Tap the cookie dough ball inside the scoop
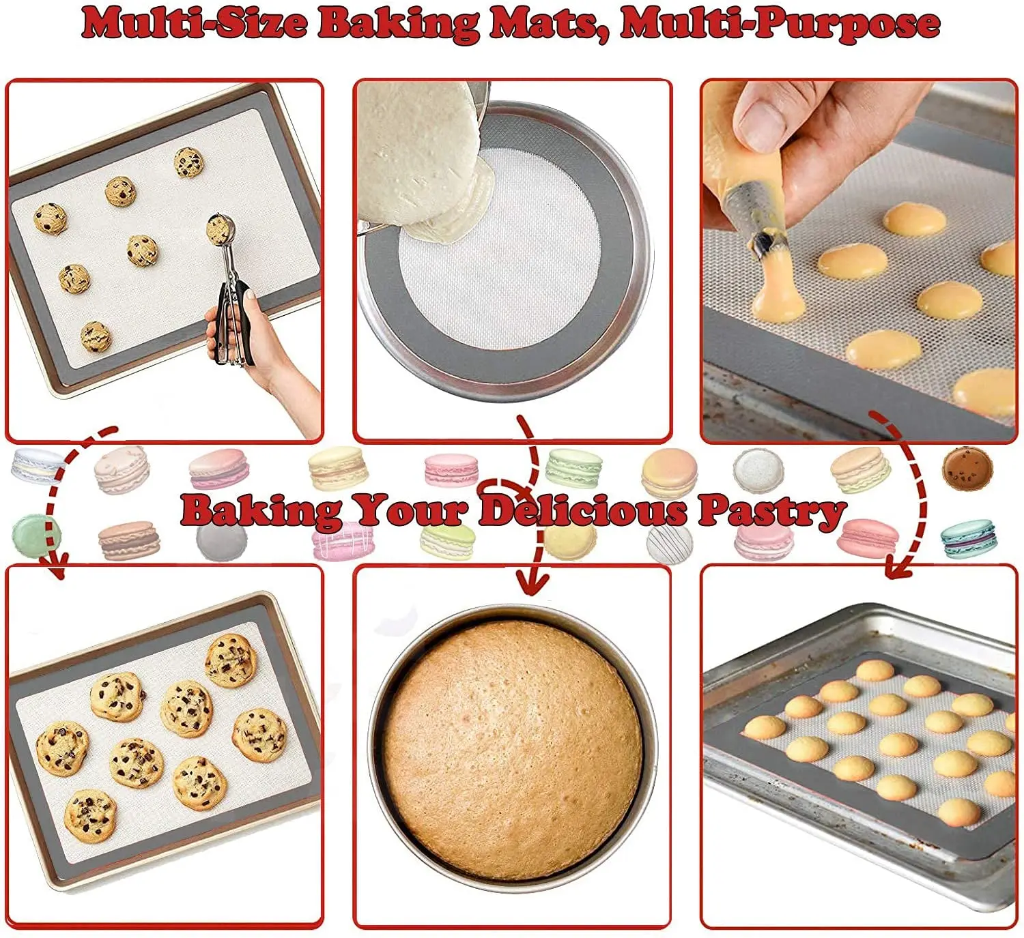pos(219,229)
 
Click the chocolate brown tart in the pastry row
pos(967,468)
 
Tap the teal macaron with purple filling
pos(968,538)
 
